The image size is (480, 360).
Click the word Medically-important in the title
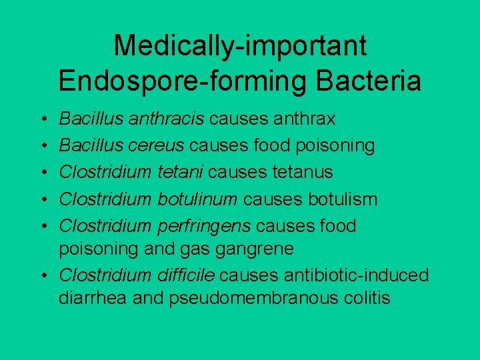[x=240, y=46]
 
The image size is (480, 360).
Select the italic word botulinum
[x=197, y=199]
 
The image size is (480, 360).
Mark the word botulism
[x=343, y=199]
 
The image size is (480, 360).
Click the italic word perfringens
[x=204, y=225]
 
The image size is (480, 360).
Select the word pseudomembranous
[x=250, y=297]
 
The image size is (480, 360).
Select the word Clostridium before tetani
[x=105, y=172]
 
